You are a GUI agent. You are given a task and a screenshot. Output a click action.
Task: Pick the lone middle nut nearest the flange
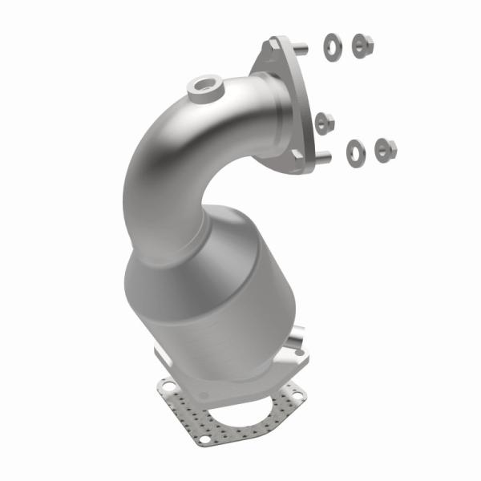point(325,123)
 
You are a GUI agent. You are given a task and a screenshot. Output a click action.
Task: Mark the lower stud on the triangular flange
point(323,158)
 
